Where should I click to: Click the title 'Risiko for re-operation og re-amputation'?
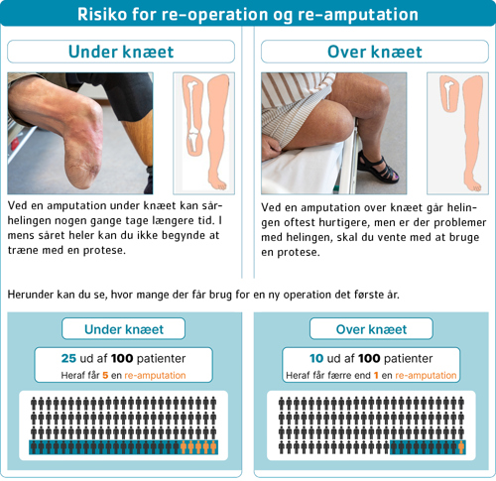(x=248, y=14)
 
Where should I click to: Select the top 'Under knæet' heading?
(x=121, y=52)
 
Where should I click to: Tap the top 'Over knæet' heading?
(x=375, y=52)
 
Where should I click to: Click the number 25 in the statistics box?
(x=68, y=358)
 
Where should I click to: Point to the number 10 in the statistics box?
(x=316, y=358)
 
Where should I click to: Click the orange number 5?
(x=105, y=376)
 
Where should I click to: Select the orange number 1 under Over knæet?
(x=376, y=376)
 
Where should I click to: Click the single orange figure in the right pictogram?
(x=461, y=447)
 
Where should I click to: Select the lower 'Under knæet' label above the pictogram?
(x=124, y=329)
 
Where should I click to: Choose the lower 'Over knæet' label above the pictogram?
(x=371, y=329)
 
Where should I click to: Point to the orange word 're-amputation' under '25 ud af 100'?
(x=155, y=376)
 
